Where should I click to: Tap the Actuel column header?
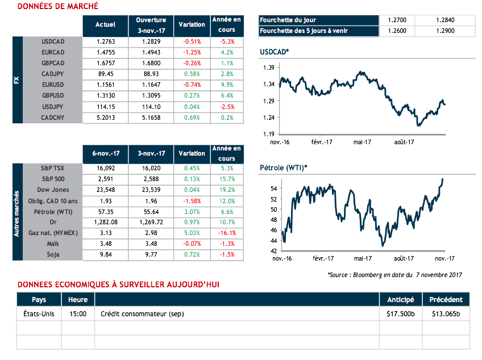pos(105,25)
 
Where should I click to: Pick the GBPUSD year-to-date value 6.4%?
pos(227,96)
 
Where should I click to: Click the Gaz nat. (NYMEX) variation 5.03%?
pos(192,233)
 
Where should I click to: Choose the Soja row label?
pos(55,254)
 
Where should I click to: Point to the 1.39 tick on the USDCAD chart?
pos(269,68)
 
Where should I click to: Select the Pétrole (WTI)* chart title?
pos(283,168)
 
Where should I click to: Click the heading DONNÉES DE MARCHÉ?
pos(57,6)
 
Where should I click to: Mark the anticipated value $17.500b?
pos(401,313)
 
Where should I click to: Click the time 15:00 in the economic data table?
pos(78,313)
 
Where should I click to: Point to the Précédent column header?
pos(446,300)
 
